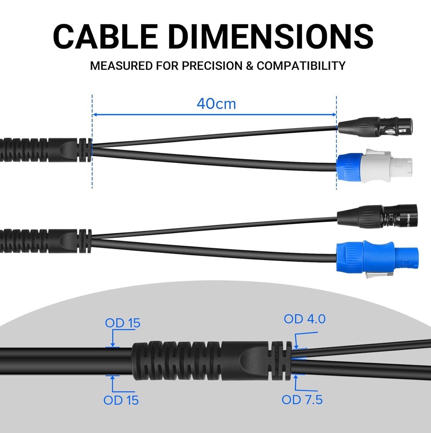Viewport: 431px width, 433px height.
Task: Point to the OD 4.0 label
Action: point(305,319)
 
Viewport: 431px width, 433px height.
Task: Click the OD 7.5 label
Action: point(302,400)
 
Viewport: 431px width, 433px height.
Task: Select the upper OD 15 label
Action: point(122,323)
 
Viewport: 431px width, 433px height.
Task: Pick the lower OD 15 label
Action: point(121,400)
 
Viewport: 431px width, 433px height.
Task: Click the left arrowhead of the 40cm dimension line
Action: point(94,115)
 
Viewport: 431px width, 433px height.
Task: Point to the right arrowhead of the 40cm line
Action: point(334,115)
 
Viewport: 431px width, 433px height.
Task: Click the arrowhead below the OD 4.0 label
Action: point(296,346)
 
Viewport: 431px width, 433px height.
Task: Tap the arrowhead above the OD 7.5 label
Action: point(296,376)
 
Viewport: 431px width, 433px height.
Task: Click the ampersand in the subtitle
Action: point(250,66)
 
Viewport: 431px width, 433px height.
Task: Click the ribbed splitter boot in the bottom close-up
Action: point(212,361)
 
